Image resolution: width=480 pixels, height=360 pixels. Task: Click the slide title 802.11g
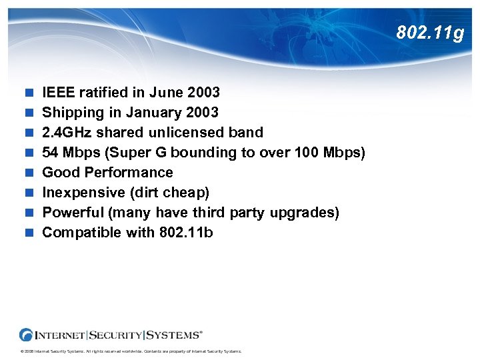[x=429, y=32]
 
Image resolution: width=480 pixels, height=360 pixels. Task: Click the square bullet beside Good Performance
[x=27, y=173]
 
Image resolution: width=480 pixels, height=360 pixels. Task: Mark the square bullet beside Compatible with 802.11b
[x=27, y=233]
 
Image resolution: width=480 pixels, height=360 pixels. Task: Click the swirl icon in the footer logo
[x=27, y=334]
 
